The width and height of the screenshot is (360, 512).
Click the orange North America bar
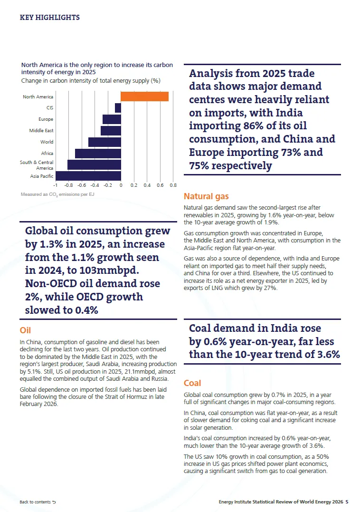tap(145, 97)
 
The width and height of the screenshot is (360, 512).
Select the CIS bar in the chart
tap(118, 108)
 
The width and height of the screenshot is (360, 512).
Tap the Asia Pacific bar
tap(88, 176)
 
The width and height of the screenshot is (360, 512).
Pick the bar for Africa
tap(98, 154)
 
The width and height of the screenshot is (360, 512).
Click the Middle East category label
tap(41, 130)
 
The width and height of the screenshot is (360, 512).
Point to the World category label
tap(47, 142)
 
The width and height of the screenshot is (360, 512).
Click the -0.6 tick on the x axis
tap(82, 185)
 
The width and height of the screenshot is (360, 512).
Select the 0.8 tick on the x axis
tap(173, 185)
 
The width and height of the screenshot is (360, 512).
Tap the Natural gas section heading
tap(206, 196)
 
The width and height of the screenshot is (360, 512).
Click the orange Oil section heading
tap(25, 330)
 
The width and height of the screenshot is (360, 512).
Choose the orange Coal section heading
tap(192, 383)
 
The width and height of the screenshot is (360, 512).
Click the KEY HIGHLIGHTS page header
tap(49, 17)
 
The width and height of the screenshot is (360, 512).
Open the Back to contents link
tap(38, 502)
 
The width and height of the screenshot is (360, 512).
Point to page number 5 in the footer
tap(347, 502)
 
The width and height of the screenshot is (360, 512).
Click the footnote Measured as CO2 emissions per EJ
tap(57, 194)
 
